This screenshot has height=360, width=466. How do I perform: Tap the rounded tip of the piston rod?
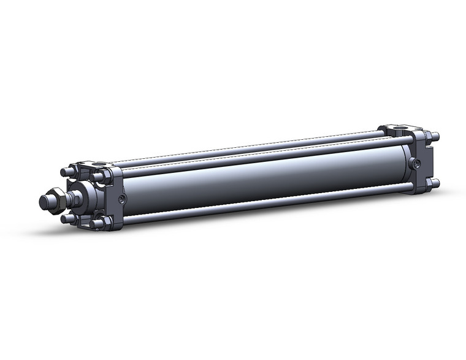pos(44,202)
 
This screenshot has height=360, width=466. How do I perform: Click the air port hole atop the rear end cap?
pos(399,129)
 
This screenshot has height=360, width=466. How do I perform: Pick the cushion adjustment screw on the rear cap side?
pos(416,164)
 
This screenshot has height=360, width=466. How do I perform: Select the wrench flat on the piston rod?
pos(76,199)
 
